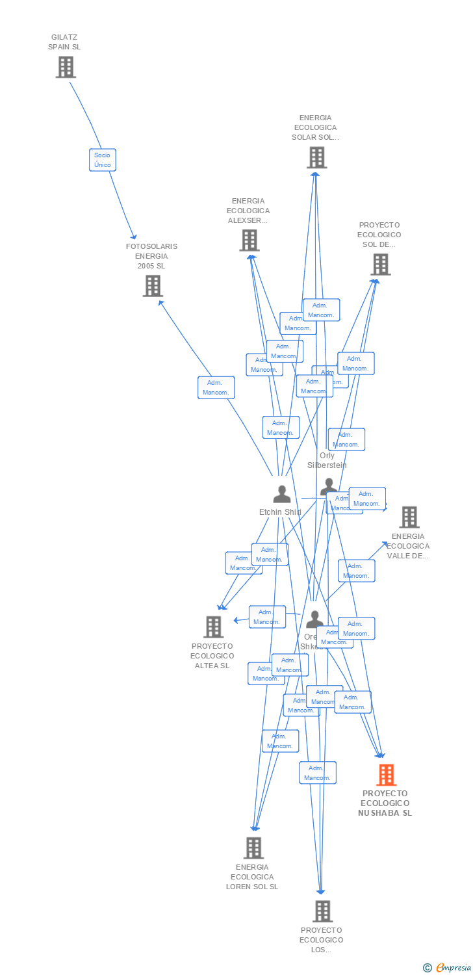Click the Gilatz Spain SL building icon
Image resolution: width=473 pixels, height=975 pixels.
(x=66, y=67)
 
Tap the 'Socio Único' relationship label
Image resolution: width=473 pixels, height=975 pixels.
(x=102, y=160)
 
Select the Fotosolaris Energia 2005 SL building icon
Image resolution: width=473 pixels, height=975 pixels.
(x=153, y=286)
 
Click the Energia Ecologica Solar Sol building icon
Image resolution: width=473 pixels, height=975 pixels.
(x=316, y=157)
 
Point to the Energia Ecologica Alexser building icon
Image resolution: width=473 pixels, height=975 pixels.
(x=249, y=240)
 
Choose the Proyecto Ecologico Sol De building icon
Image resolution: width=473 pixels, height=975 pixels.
(x=380, y=265)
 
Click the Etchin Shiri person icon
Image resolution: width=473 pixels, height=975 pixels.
(x=281, y=494)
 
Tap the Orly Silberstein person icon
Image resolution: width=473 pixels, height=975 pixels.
(x=329, y=486)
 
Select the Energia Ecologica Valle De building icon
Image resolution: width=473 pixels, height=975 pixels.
(x=409, y=517)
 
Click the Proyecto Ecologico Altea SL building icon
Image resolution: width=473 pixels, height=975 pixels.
(x=213, y=627)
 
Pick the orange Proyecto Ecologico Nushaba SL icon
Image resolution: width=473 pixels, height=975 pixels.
(x=386, y=775)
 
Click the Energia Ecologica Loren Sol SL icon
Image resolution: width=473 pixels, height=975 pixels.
(x=253, y=848)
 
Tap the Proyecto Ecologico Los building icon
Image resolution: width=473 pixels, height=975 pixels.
(x=322, y=911)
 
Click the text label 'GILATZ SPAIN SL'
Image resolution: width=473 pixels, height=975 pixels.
(x=64, y=42)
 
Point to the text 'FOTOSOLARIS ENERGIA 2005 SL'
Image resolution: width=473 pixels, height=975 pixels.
(x=151, y=256)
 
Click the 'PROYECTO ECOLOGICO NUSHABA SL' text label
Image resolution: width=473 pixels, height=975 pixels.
(x=386, y=803)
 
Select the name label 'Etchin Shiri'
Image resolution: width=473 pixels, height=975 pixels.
(x=280, y=512)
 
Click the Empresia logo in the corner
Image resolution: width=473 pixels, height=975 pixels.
(x=448, y=968)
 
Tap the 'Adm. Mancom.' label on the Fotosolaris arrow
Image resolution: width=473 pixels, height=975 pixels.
(x=216, y=387)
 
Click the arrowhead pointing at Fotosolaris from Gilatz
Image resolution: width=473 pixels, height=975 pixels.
(x=134, y=237)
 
